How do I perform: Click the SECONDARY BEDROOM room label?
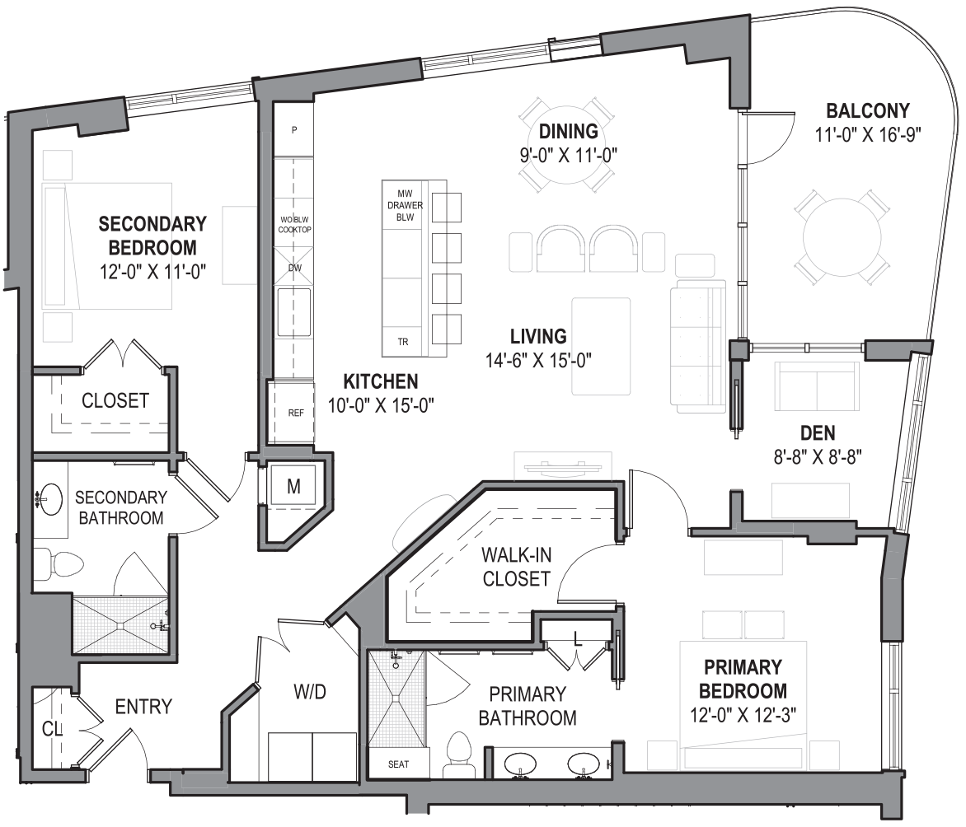[x=152, y=235]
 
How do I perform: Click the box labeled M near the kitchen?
[x=293, y=486]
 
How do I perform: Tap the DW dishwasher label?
[x=294, y=269]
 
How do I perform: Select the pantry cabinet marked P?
[x=294, y=130]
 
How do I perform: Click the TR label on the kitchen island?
[x=403, y=341]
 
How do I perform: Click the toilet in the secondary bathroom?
[x=62, y=563]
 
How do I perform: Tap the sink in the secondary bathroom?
[x=51, y=498]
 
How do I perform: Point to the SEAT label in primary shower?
[x=398, y=764]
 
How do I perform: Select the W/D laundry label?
[x=310, y=692]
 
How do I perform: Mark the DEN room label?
[x=818, y=432]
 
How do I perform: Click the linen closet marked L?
[x=577, y=638]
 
